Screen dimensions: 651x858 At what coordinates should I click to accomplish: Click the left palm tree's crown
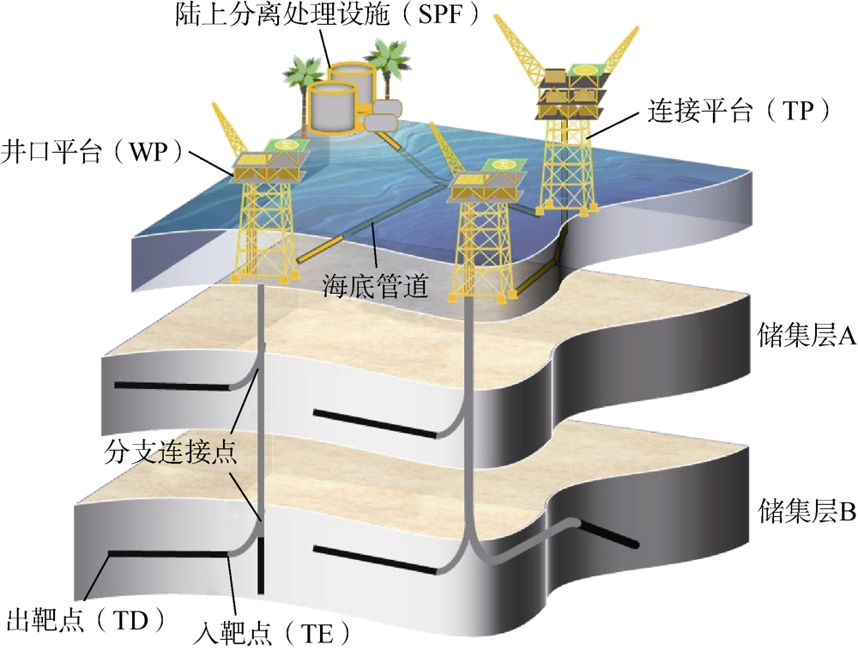pyautogui.click(x=305, y=68)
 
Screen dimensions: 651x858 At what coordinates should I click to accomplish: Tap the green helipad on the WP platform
pyautogui.click(x=287, y=148)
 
